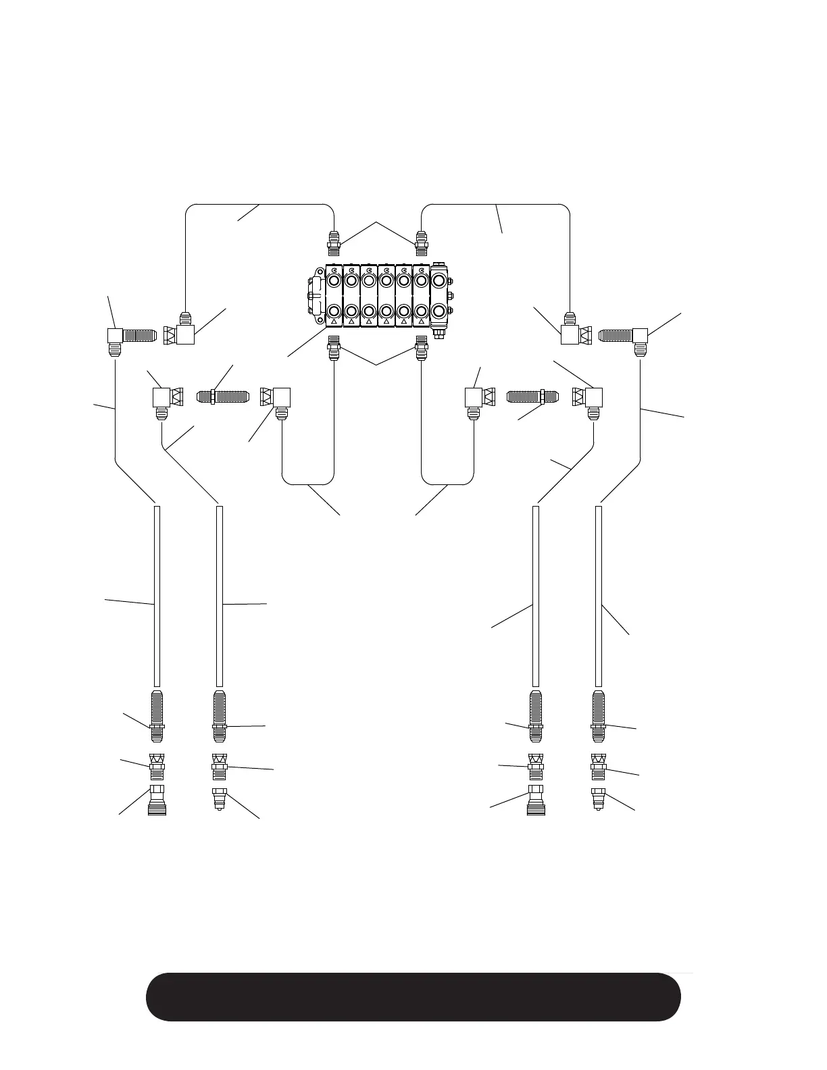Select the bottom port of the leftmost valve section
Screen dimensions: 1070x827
[x=334, y=311]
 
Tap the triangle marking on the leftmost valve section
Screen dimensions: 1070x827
[x=334, y=322]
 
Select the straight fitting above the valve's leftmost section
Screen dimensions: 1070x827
[x=333, y=242]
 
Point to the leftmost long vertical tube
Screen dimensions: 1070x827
[x=157, y=594]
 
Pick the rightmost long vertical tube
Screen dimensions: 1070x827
[x=598, y=594]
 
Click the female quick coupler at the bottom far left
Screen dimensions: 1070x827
[x=157, y=801]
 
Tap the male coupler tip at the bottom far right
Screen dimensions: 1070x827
[x=597, y=798]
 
